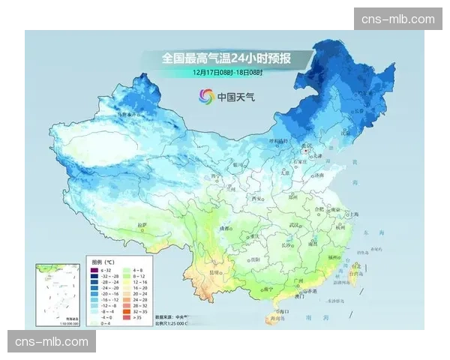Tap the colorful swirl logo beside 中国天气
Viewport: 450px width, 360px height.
click(x=205, y=96)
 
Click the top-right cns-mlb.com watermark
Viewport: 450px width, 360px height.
click(x=397, y=19)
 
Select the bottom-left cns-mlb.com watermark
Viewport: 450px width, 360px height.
click(x=51, y=342)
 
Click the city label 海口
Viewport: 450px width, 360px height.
click(x=283, y=310)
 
